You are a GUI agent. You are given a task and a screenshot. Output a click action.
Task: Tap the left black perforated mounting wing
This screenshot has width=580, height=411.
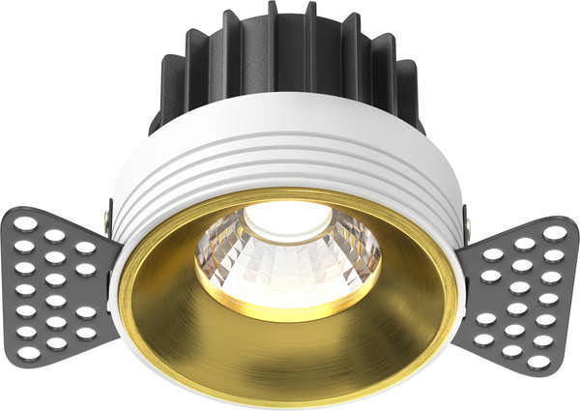[x=58, y=280]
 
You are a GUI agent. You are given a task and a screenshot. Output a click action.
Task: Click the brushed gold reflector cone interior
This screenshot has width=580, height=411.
[x=290, y=348]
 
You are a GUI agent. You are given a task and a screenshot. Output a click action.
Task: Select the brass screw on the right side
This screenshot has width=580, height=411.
[x=468, y=223]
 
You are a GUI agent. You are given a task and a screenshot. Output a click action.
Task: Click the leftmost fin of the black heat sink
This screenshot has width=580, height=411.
[x=161, y=87]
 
